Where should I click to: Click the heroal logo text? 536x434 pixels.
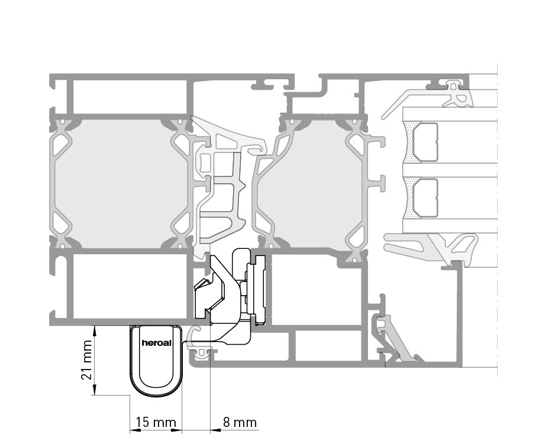click(x=156, y=343)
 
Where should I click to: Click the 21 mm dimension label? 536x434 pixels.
click(x=86, y=360)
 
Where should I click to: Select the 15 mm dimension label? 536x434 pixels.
click(x=156, y=422)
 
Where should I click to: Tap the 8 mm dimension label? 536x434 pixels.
click(x=240, y=422)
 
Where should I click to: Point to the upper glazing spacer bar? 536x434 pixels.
click(x=425, y=142)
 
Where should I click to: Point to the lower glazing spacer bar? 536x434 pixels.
click(x=425, y=197)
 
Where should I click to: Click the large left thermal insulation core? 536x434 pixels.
click(x=121, y=183)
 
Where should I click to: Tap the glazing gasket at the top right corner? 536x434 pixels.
click(x=457, y=95)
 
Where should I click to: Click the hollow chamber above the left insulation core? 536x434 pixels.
click(x=130, y=97)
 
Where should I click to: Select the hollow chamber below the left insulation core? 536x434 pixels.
click(x=130, y=286)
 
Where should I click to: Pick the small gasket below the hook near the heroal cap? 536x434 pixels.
click(x=201, y=355)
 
